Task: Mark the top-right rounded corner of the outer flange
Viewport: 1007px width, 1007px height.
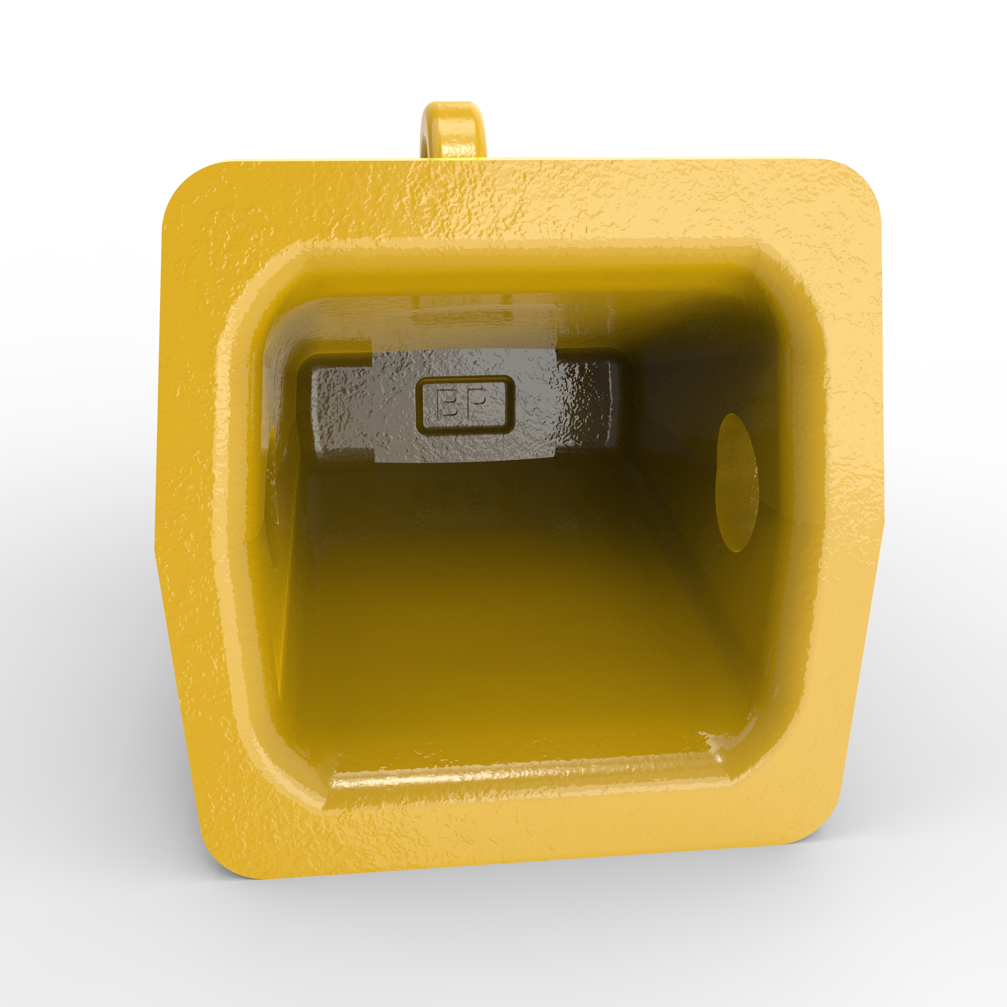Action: (855, 183)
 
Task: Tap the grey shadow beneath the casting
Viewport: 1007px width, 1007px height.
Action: (521, 896)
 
